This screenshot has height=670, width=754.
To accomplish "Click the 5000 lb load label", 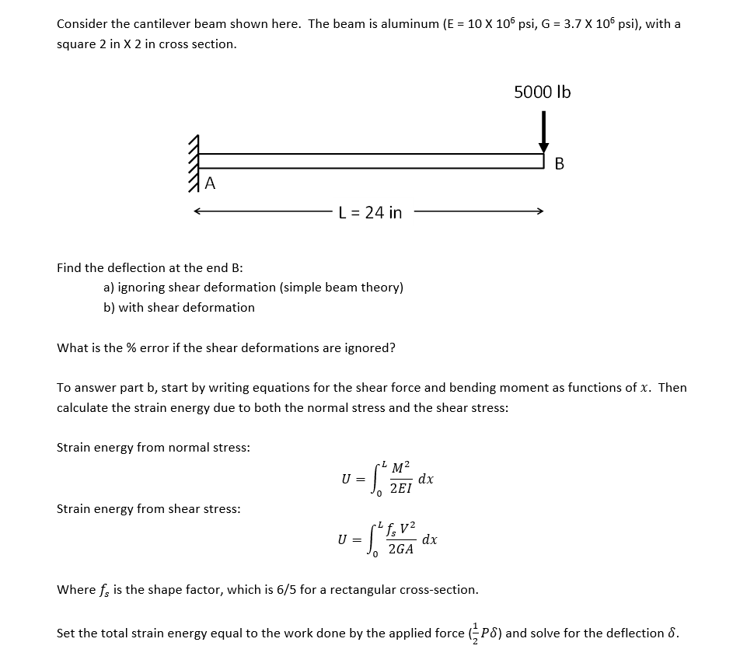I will (542, 92).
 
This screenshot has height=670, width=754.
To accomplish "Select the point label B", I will (560, 164).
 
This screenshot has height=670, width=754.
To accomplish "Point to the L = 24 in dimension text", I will (370, 212).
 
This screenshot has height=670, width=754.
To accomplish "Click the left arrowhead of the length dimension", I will (199, 211).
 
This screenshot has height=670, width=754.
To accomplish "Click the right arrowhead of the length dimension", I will (538, 211).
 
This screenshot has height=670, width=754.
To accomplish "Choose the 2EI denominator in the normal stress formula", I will (401, 489).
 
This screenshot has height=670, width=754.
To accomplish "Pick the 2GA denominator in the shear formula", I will (401, 550).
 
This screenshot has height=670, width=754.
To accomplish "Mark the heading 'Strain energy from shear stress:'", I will (148, 508).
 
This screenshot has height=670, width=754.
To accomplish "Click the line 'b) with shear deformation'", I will (179, 307).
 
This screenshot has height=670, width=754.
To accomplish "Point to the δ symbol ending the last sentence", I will (672, 633).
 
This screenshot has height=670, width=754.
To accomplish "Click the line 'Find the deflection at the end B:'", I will (150, 267).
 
